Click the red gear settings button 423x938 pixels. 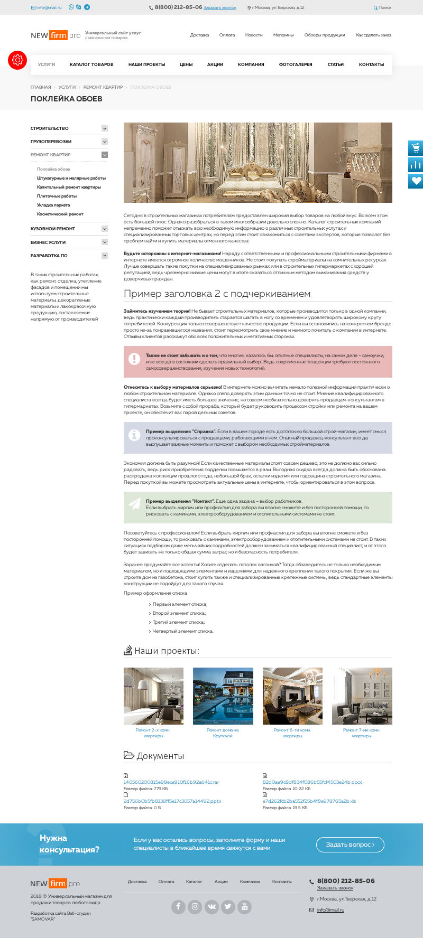coord(17,60)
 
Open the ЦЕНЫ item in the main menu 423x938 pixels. coord(186,64)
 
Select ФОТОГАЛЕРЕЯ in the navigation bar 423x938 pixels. coord(296,64)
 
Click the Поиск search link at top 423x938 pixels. coord(383,8)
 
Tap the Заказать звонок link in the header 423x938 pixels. coord(220,8)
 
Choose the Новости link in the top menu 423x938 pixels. coord(254,35)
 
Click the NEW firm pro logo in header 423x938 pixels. coord(56,35)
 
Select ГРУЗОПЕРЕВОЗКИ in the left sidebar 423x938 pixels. coord(51,142)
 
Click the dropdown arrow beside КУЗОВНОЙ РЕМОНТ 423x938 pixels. coord(105,229)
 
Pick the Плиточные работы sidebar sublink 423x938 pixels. coord(57,196)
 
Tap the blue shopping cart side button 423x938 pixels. coord(416,148)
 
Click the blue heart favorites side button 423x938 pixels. coord(416,181)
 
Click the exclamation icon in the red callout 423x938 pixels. coord(134,358)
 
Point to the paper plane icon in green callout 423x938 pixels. coord(134,503)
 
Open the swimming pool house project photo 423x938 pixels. coord(223,696)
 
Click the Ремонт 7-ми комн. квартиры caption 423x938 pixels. coord(362,733)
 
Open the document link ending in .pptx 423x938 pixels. coord(172,801)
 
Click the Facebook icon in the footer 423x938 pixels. coord(178,907)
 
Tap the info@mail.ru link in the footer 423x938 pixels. coord(330,910)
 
